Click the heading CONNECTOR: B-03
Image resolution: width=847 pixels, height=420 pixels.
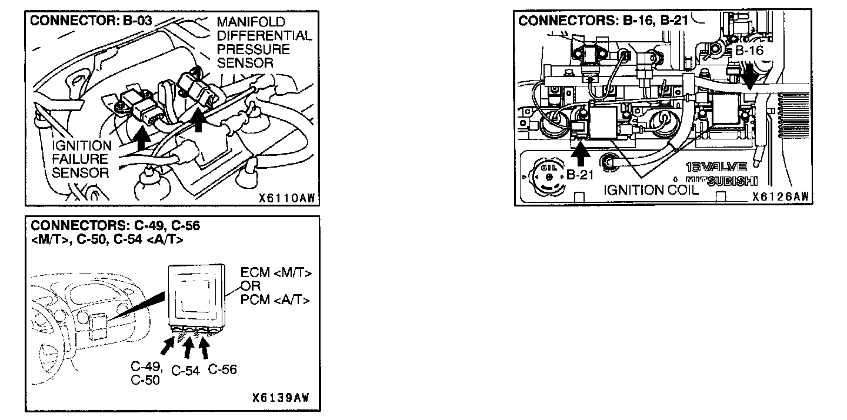tap(91, 21)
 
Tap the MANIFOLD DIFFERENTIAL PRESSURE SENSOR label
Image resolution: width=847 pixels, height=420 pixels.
tap(264, 42)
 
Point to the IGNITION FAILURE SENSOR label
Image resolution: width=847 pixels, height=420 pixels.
tap(81, 159)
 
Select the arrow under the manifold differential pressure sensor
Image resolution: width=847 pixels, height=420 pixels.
tap(199, 121)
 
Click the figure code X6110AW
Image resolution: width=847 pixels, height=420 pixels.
tap(287, 198)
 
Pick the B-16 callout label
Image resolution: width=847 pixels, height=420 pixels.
tap(749, 51)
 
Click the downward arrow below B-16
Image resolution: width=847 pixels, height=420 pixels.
tap(749, 76)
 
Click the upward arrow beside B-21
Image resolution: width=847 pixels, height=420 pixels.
tap(581, 154)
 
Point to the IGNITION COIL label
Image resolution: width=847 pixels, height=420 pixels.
tap(651, 189)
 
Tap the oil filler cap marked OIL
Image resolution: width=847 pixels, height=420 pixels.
tap(547, 175)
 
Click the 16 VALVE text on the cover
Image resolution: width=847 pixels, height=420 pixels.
tap(716, 167)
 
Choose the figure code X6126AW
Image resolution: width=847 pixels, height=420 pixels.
tap(779, 197)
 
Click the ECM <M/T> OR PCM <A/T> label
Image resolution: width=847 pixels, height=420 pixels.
tap(276, 287)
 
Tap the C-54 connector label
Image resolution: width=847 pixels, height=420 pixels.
tap(185, 371)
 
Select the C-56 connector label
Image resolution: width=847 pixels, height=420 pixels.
tap(222, 369)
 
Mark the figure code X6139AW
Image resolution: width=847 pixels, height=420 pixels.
tap(280, 398)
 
